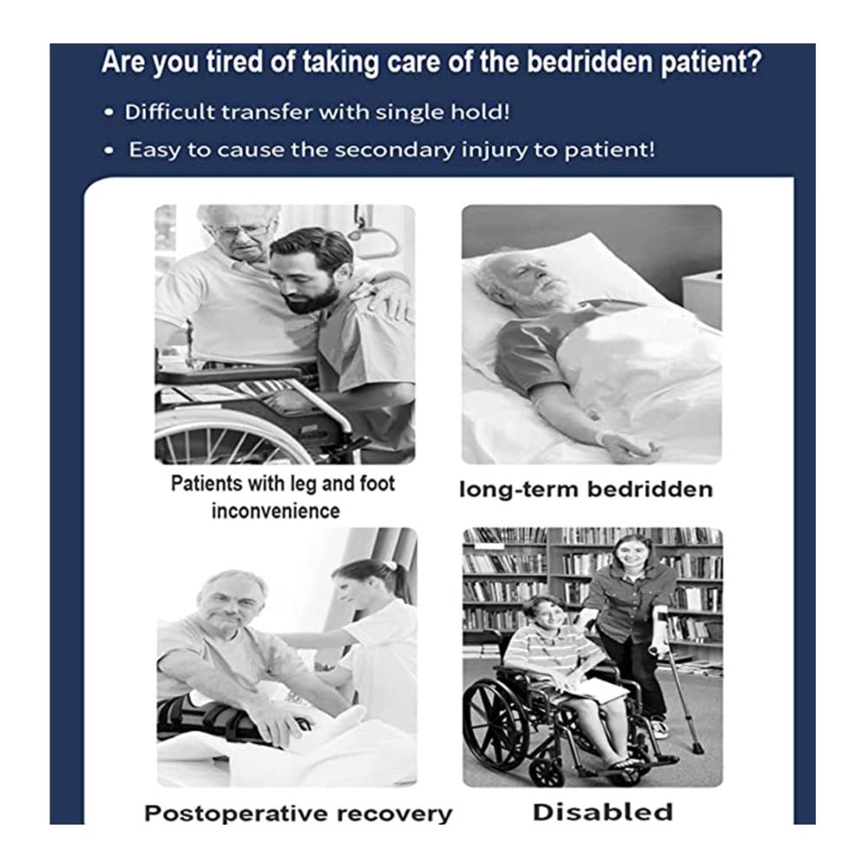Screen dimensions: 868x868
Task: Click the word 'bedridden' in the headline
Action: (x=589, y=62)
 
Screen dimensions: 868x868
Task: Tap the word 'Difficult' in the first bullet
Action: (x=168, y=112)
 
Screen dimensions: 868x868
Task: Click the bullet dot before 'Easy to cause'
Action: (x=109, y=150)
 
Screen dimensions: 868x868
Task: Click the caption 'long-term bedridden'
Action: (x=586, y=490)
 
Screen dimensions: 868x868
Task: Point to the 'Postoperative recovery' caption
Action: (x=298, y=814)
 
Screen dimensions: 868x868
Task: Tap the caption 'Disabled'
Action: (x=603, y=812)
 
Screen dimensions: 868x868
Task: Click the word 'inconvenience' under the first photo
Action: (x=276, y=511)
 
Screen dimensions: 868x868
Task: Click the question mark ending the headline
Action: (x=754, y=61)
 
